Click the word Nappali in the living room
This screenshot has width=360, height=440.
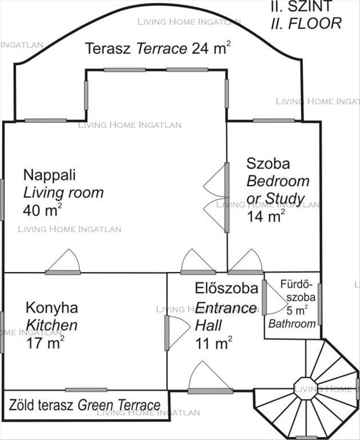(49, 176)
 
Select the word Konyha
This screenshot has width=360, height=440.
(52, 308)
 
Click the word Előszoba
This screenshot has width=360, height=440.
(226, 289)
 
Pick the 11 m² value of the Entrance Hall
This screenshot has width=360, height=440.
(214, 343)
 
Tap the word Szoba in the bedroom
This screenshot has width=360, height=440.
(268, 164)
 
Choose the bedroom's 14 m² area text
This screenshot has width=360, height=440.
(266, 216)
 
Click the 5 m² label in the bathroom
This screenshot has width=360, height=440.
(297, 310)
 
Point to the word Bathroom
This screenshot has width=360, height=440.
(292, 324)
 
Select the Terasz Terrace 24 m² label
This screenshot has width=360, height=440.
(158, 48)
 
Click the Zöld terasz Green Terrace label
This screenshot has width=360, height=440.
(85, 405)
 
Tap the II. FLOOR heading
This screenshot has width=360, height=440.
(306, 24)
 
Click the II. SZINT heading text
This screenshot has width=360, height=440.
(302, 6)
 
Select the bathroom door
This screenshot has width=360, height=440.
(275, 297)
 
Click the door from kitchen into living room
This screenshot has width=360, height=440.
(63, 262)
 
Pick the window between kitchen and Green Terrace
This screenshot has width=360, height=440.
(86, 390)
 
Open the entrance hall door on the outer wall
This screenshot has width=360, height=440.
(210, 378)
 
